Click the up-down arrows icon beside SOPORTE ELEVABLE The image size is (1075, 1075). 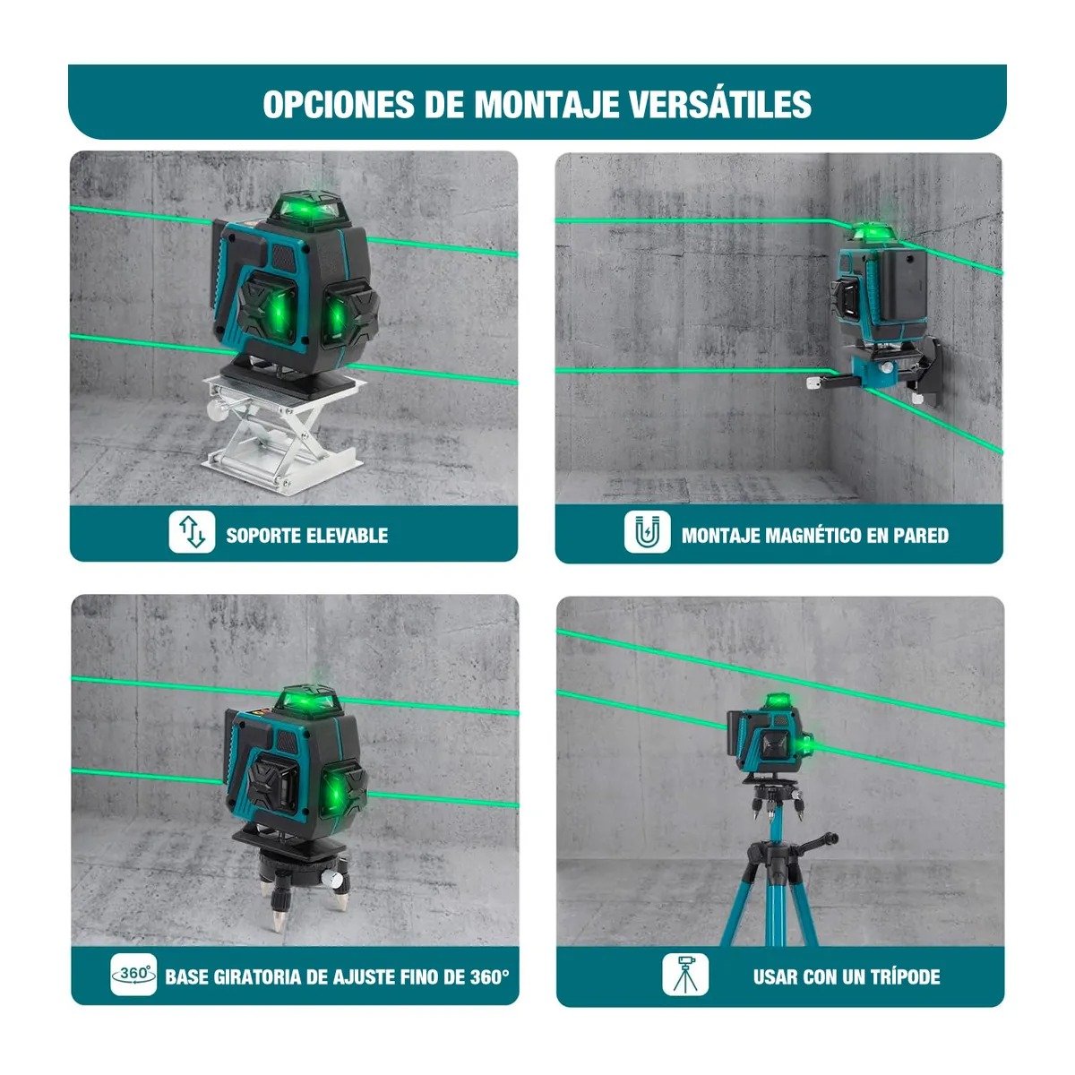coord(192,531)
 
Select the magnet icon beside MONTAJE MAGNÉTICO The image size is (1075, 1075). coord(647,533)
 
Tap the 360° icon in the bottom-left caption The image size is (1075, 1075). coord(133,974)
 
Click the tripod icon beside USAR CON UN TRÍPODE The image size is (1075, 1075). coord(685,974)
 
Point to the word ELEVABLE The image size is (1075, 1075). coord(347,536)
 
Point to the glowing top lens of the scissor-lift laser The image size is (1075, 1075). coord(307,210)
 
